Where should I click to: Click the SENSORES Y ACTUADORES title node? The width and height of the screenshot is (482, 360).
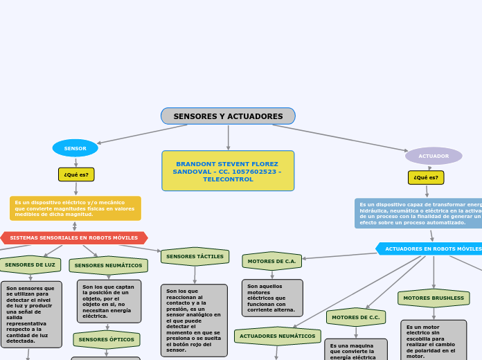(228, 116)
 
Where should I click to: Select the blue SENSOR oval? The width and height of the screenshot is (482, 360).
(75, 148)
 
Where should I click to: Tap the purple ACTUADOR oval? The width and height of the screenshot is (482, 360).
(434, 156)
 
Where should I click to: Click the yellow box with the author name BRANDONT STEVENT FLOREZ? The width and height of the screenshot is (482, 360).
(228, 171)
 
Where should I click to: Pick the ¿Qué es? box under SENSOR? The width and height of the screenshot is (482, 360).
(76, 174)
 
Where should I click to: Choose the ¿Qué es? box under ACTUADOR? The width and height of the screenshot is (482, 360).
(426, 178)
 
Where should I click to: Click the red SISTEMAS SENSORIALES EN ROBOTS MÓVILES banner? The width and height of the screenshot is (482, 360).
(74, 238)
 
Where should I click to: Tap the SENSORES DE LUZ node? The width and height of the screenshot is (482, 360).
(30, 264)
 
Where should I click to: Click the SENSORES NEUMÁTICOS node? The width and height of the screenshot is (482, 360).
(108, 265)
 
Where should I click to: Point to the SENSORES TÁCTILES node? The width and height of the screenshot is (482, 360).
(195, 256)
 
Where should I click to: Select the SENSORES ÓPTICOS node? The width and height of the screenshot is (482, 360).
(107, 339)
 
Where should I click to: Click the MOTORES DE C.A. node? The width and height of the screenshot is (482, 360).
(271, 261)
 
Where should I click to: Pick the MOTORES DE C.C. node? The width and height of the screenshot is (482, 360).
(356, 317)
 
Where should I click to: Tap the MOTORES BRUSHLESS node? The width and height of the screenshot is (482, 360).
(434, 298)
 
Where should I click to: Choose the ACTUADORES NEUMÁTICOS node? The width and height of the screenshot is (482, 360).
(277, 336)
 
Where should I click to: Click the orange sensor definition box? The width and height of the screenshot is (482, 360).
(75, 208)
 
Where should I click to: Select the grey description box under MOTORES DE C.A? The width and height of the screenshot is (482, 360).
(271, 298)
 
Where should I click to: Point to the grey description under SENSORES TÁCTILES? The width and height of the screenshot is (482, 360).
(194, 320)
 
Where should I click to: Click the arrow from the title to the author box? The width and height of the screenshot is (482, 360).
(228, 137)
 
